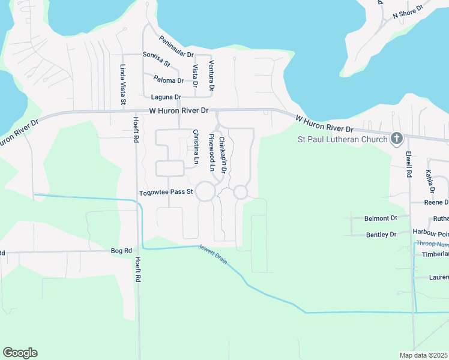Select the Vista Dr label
click(195, 76)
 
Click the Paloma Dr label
click(168, 80)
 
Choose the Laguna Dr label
click(166, 97)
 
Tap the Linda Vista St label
click(122, 85)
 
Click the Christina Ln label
click(195, 146)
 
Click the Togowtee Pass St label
click(166, 193)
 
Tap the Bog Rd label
click(121, 250)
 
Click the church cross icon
click(396, 139)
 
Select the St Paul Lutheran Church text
click(343, 140)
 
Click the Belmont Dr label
click(381, 219)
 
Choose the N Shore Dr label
click(408, 11)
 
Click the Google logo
click(20, 353)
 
